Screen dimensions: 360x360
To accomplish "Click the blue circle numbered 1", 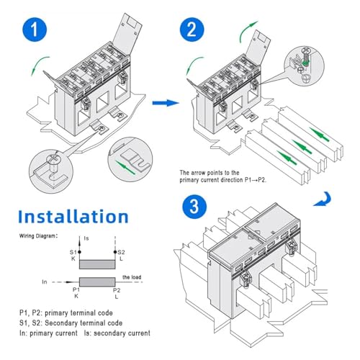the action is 35,30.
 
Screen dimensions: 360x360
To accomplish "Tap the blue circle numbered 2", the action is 192,30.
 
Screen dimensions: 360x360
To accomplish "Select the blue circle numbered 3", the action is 194,207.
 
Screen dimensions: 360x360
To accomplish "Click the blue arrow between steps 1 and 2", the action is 166,103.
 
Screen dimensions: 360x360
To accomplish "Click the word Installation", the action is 73,217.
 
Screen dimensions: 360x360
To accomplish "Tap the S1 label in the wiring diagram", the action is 73,252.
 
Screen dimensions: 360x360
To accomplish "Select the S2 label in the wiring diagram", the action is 121,252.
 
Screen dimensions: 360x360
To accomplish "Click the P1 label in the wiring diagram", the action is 76,289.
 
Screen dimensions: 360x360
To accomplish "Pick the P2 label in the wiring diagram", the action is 117,290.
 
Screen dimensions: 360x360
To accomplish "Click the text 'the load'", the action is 132,277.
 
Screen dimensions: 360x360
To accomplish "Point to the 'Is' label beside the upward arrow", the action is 86,238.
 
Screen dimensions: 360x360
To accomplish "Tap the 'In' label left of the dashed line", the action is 45,282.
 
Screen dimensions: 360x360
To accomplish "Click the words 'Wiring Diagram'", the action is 37,236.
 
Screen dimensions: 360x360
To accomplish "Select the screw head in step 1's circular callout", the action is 53,158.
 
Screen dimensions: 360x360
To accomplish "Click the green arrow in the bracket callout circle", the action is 125,167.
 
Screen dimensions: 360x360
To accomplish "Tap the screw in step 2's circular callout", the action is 305,58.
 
